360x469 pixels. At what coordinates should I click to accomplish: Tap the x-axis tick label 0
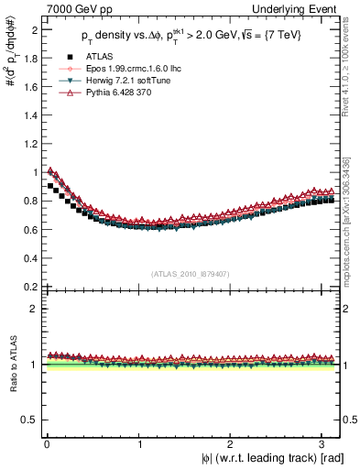(x=46, y=445)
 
